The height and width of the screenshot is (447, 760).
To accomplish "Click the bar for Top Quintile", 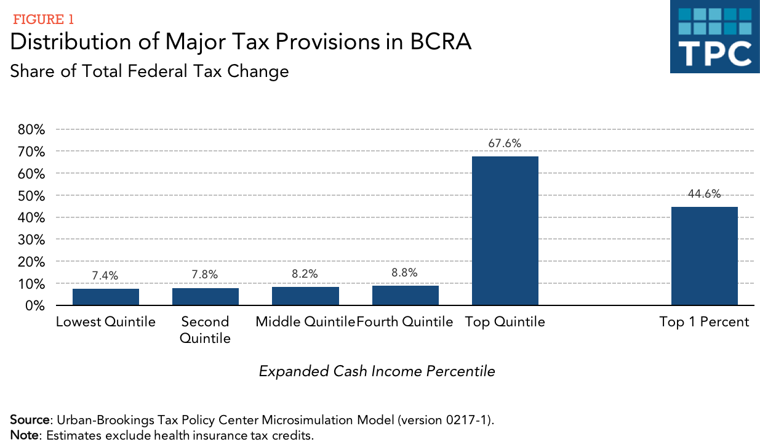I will pyautogui.click(x=505, y=231).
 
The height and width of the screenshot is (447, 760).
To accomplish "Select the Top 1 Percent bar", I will pyautogui.click(x=704, y=256).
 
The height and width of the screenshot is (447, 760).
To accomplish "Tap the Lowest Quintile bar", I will pyautogui.click(x=106, y=297).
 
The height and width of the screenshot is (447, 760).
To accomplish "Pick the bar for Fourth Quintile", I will pyautogui.click(x=405, y=296).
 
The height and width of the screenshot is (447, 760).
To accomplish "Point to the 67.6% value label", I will pyautogui.click(x=505, y=143).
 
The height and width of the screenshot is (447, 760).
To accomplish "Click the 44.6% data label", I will pyautogui.click(x=704, y=194).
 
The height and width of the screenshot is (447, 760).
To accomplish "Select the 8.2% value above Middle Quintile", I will pyautogui.click(x=305, y=275).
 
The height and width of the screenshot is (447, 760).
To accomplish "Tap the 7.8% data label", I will pyautogui.click(x=206, y=275).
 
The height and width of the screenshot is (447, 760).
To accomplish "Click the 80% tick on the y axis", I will pyautogui.click(x=31, y=130).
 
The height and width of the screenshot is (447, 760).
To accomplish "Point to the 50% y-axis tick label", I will pyautogui.click(x=31, y=196).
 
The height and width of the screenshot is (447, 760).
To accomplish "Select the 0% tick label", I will pyautogui.click(x=35, y=306).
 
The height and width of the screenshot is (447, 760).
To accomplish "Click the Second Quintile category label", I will pyautogui.click(x=206, y=330).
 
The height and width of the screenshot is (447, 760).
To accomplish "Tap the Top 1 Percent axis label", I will pyautogui.click(x=704, y=322).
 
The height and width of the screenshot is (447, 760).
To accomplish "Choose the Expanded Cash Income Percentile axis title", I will pyautogui.click(x=377, y=371).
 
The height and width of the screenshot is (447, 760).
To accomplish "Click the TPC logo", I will pyautogui.click(x=714, y=37).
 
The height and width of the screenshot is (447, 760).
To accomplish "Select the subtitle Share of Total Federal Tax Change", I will pyautogui.click(x=150, y=71).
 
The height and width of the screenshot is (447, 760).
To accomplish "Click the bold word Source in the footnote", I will pyautogui.click(x=30, y=421).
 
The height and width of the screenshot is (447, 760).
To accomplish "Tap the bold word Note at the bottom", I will pyautogui.click(x=24, y=436).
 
